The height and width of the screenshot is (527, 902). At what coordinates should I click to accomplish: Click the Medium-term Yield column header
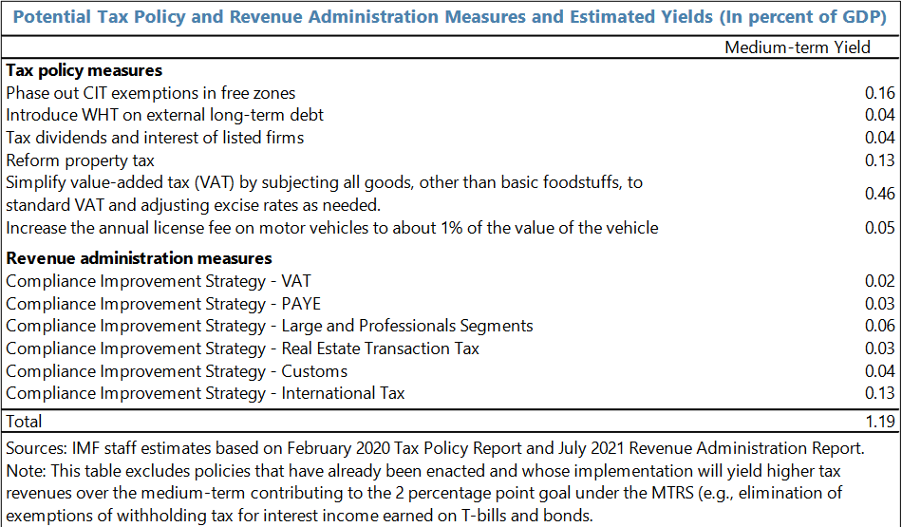tap(797, 47)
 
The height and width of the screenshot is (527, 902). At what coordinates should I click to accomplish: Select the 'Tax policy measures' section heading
tap(84, 70)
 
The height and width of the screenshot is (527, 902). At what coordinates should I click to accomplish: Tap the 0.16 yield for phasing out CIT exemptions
tap(880, 93)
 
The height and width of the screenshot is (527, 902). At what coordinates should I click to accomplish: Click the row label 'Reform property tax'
tap(80, 160)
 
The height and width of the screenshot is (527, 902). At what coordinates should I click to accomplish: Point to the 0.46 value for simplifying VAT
tap(880, 194)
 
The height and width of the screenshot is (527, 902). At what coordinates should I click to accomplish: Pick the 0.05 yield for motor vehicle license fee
tap(880, 228)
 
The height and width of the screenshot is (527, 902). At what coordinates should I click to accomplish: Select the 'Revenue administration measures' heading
tap(139, 258)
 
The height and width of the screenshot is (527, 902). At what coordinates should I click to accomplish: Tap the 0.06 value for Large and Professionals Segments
tap(880, 326)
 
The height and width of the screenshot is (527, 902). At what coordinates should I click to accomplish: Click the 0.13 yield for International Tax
tap(880, 393)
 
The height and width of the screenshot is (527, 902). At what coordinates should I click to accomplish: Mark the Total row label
tap(24, 421)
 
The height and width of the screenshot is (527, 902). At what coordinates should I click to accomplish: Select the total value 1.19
tap(880, 421)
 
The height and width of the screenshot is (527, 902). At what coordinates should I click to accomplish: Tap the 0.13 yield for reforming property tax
tap(880, 160)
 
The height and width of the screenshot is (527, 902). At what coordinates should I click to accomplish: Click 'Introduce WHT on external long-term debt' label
tap(164, 115)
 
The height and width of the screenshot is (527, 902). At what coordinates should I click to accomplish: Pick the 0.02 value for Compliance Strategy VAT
tap(880, 281)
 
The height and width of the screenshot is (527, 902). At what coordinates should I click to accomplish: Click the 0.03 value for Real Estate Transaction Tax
tap(880, 348)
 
